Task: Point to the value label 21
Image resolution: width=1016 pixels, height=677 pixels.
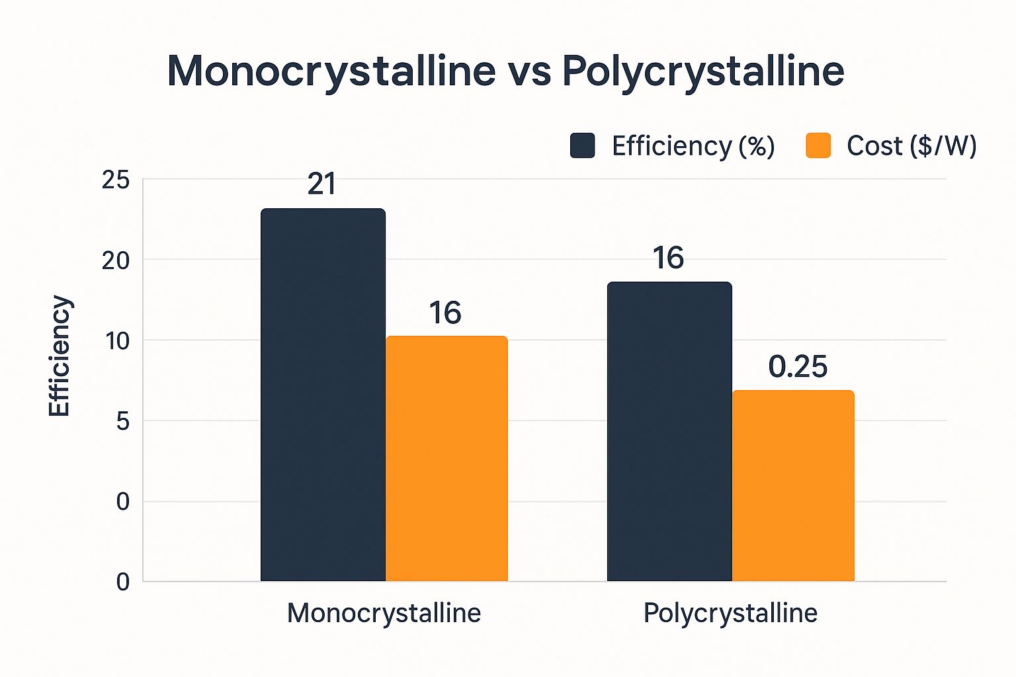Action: tap(322, 184)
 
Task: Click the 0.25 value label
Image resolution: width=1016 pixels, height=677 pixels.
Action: tap(798, 367)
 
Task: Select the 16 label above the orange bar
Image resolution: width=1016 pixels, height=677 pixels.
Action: tap(445, 313)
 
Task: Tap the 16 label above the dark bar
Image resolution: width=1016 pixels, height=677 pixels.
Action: tap(668, 258)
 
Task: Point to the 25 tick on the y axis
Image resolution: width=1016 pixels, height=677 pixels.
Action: tap(116, 180)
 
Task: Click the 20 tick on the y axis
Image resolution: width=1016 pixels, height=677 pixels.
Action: tap(116, 260)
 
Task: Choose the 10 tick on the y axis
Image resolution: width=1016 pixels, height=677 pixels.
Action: tap(116, 341)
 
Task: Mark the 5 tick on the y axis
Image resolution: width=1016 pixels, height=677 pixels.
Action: tap(122, 421)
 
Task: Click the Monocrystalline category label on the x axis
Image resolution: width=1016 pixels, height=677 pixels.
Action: tap(384, 613)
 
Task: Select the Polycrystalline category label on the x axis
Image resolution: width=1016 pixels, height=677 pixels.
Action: tap(730, 613)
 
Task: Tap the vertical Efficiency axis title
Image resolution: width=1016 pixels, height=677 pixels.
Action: tap(60, 356)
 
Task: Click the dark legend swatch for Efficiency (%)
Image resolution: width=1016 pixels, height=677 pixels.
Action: tap(582, 145)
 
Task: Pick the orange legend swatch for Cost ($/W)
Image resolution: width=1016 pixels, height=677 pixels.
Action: tap(818, 145)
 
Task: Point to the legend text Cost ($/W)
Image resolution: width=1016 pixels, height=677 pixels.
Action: tap(911, 145)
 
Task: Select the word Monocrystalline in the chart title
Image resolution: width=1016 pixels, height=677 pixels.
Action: tap(331, 71)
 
